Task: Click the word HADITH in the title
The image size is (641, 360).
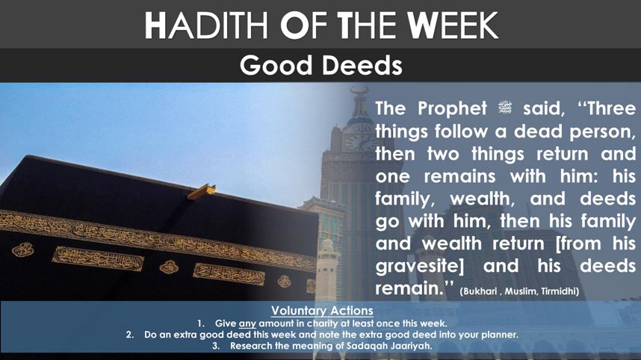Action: tap(206, 25)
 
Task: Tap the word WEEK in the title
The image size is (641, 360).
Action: tap(453, 25)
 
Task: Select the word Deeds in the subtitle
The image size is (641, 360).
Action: tap(362, 66)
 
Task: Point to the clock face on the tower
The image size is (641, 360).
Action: tap(356, 142)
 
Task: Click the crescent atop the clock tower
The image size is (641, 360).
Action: tap(359, 89)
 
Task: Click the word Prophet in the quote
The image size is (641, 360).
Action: tap(452, 109)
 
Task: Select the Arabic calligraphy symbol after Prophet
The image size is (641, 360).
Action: tap(505, 108)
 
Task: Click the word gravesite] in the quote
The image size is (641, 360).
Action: tap(420, 267)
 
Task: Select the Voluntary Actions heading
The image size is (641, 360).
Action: tap(322, 311)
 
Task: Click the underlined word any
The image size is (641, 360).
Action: tap(247, 323)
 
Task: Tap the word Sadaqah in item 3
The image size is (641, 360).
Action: tap(362, 346)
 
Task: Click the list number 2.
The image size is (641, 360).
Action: tap(129, 335)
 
